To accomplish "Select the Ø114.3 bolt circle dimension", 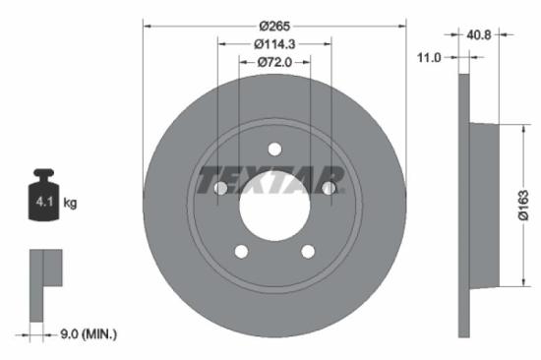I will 274,44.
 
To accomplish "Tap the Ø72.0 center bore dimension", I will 274,64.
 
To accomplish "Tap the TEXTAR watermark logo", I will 270,182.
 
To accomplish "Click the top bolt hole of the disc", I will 274,150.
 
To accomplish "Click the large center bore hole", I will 274,207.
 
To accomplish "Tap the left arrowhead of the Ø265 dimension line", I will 147,25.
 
